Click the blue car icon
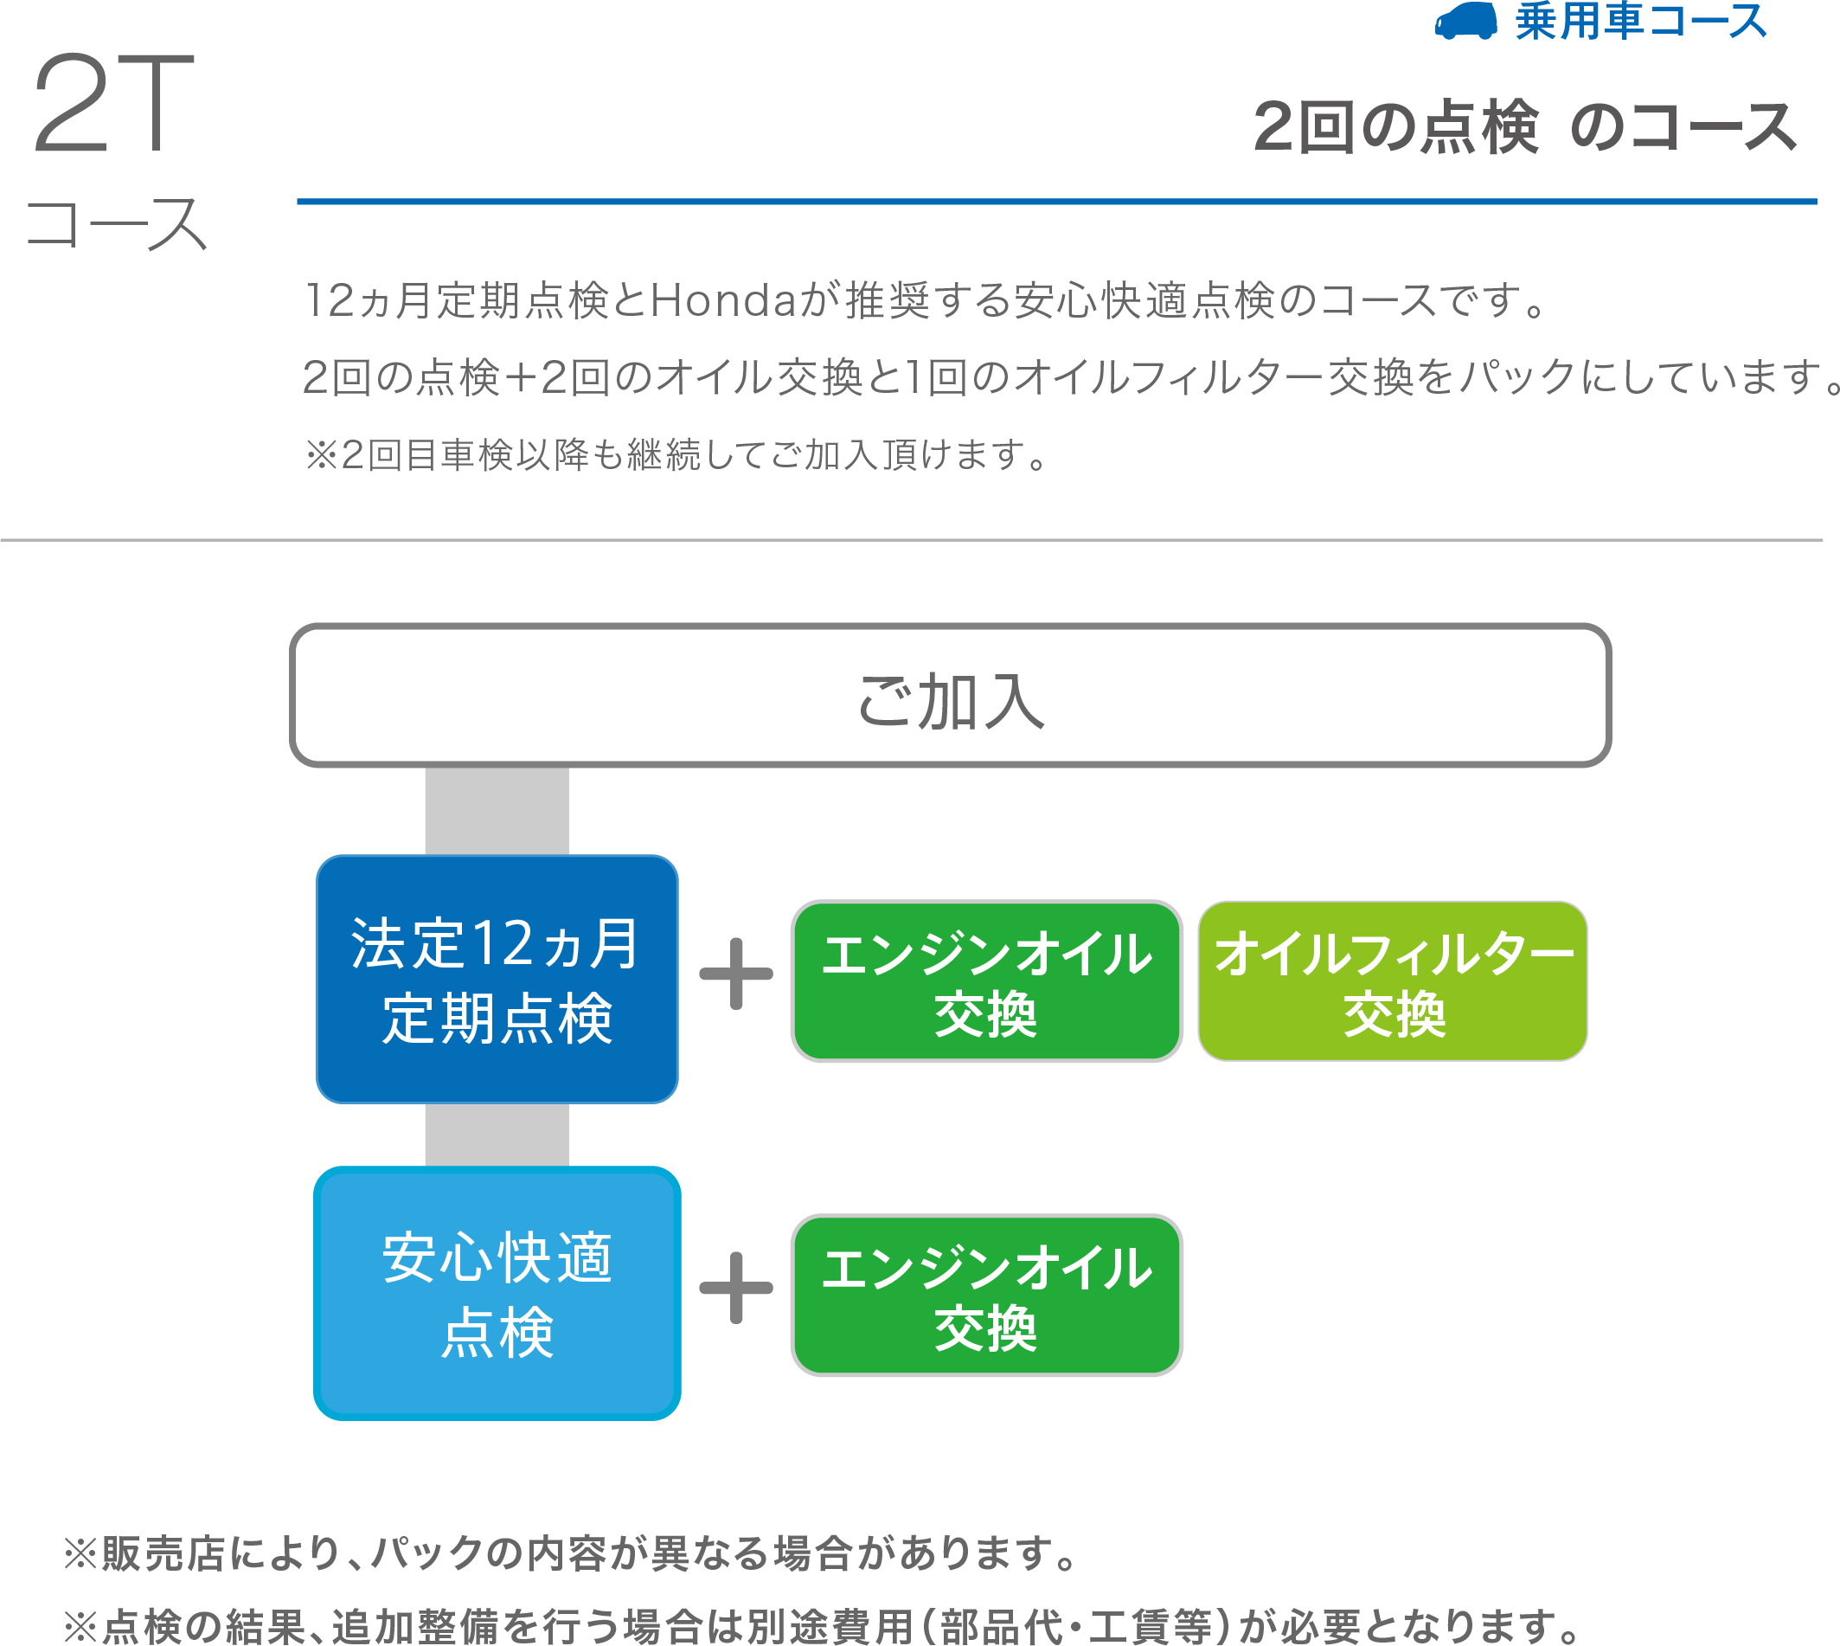[x=1465, y=21]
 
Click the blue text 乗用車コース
[x=1641, y=22]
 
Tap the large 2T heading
[x=114, y=103]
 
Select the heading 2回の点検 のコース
[x=1525, y=127]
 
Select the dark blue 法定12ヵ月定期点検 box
[x=497, y=980]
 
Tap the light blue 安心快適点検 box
[x=497, y=1293]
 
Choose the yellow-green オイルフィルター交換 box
[x=1393, y=981]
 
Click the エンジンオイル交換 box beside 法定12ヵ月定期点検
[x=986, y=981]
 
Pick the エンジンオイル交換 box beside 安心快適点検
[x=986, y=1296]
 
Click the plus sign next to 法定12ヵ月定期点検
[x=736, y=974]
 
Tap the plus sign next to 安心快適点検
[x=736, y=1288]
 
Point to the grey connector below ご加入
[x=497, y=811]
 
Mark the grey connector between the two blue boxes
[x=497, y=1135]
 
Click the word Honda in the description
[x=722, y=301]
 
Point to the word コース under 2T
[x=117, y=224]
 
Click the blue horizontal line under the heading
[x=1056, y=202]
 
